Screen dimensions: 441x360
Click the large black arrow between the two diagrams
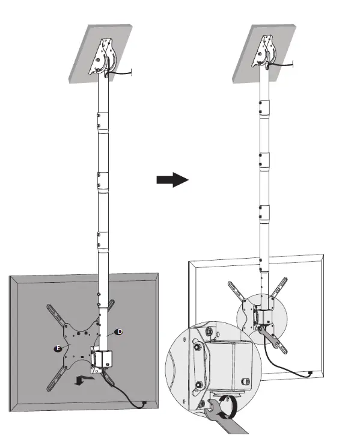click(x=172, y=180)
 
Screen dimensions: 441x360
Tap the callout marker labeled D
click(x=118, y=332)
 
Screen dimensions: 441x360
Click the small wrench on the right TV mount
click(x=267, y=338)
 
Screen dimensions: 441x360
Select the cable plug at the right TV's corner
click(x=310, y=374)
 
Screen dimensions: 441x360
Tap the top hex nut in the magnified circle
click(x=207, y=332)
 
